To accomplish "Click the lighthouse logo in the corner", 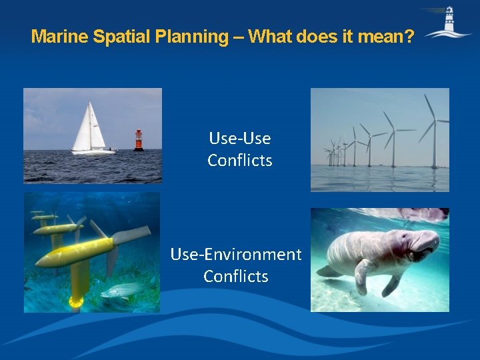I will click(x=447, y=23).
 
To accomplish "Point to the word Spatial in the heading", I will click(x=125, y=36).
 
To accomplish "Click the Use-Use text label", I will click(x=239, y=139).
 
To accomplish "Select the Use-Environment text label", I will click(x=236, y=254).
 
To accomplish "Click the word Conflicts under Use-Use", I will click(x=239, y=161).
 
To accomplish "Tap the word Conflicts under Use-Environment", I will click(x=236, y=276).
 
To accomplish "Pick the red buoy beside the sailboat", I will click(x=138, y=140).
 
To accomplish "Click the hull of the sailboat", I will click(x=93, y=152).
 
